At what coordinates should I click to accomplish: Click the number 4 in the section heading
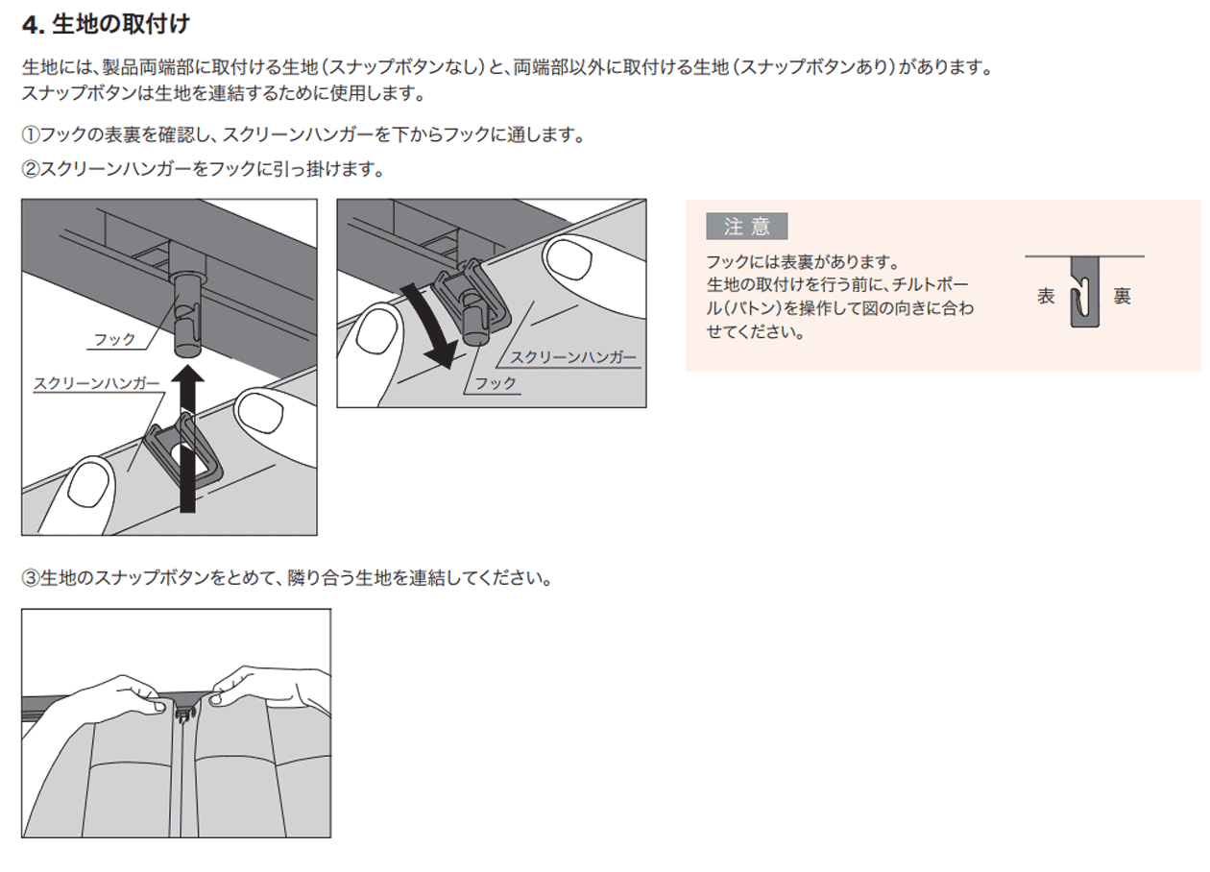(x=30, y=23)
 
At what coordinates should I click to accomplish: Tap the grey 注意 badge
(x=746, y=227)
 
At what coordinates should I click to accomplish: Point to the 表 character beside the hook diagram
(x=1047, y=296)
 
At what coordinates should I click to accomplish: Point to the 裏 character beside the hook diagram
(x=1122, y=296)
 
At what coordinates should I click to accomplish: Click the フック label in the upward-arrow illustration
(x=114, y=340)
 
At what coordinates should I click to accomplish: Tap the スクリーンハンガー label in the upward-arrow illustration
(x=96, y=383)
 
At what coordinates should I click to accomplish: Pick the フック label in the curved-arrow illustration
(x=496, y=383)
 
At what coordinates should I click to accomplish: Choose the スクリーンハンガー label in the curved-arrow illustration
(x=572, y=357)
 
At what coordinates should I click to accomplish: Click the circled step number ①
(x=30, y=135)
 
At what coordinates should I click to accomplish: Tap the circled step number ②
(x=30, y=170)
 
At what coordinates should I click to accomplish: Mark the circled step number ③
(x=30, y=579)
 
